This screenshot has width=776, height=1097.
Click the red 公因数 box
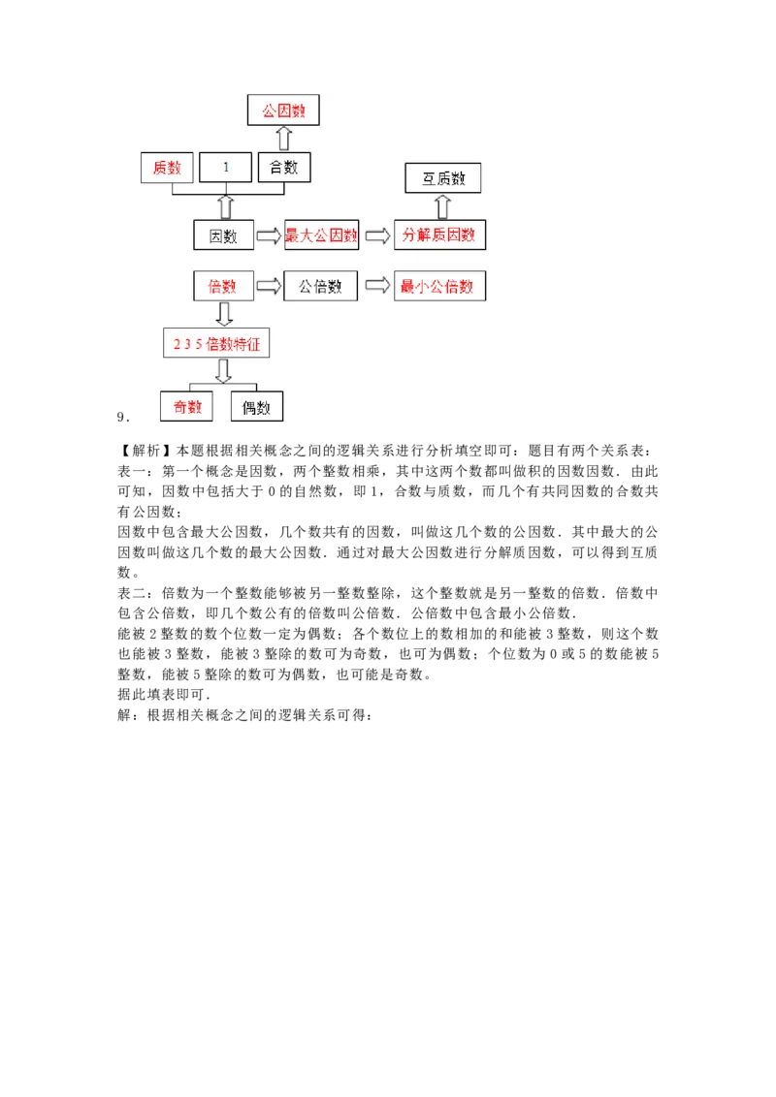(x=283, y=110)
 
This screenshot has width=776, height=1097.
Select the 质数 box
(x=167, y=168)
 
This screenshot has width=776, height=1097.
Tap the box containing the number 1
(x=225, y=168)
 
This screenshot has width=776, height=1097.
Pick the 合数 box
(x=284, y=168)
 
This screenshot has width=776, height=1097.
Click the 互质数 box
(x=443, y=178)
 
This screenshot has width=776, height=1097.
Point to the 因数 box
(x=223, y=235)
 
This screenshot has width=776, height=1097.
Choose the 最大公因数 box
(x=321, y=235)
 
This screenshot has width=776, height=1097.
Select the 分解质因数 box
(x=439, y=235)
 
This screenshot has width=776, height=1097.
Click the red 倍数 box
(x=223, y=286)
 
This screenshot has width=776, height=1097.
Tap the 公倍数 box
(x=320, y=286)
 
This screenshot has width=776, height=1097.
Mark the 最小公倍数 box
(x=439, y=286)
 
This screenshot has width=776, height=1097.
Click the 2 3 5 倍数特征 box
(x=216, y=343)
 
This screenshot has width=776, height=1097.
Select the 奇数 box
(x=186, y=406)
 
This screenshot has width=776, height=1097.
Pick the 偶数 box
(x=256, y=407)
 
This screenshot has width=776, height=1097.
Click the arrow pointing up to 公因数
(x=284, y=138)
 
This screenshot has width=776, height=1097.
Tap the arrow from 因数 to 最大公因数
(x=269, y=235)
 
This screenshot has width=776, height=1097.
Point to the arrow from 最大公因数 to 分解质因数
(x=377, y=235)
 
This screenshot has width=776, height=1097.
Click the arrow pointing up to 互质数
(x=443, y=205)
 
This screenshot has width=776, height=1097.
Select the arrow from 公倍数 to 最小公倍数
(x=377, y=286)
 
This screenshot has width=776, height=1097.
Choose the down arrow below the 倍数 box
(x=224, y=314)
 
